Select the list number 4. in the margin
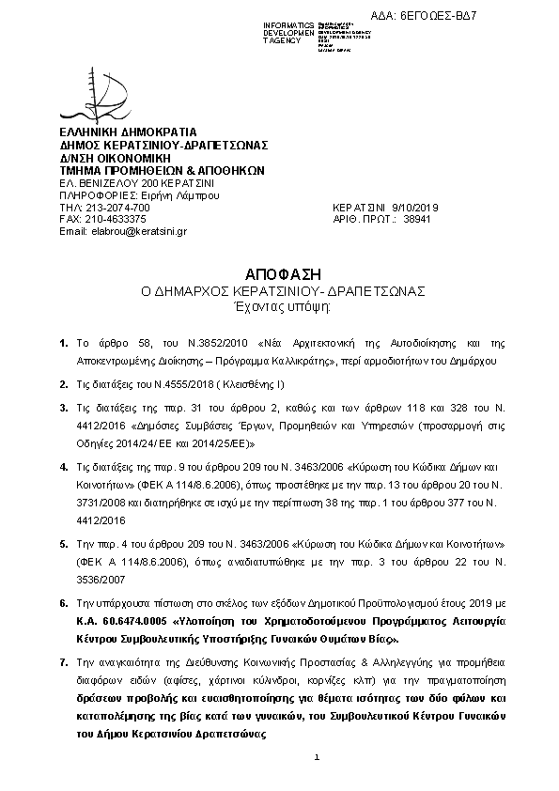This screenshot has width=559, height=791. click(63, 467)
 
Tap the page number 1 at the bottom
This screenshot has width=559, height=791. click(318, 757)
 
